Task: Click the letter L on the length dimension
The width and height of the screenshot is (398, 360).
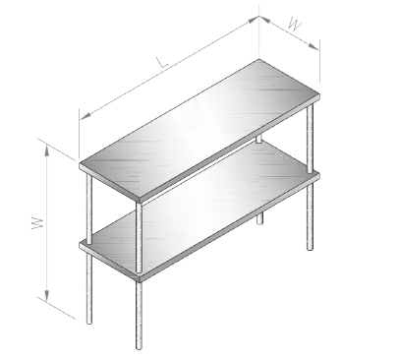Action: click(x=162, y=62)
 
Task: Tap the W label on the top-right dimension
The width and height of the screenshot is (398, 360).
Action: click(x=295, y=24)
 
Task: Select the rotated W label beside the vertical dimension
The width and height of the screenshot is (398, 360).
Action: click(x=38, y=223)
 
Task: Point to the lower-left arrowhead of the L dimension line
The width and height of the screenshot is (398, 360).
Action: click(x=85, y=116)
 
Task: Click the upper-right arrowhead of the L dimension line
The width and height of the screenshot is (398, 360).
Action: click(x=254, y=20)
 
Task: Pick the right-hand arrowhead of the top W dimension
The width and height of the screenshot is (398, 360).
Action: click(x=313, y=46)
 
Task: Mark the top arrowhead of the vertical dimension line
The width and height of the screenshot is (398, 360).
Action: click(x=47, y=150)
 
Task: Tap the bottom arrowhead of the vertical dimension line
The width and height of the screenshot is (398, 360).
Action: click(x=47, y=296)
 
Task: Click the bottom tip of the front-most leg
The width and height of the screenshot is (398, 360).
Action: click(x=139, y=348)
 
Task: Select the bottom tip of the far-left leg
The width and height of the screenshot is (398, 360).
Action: click(x=89, y=323)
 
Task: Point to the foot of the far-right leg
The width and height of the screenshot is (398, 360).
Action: click(x=310, y=249)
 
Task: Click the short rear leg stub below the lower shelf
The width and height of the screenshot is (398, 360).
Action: click(x=259, y=218)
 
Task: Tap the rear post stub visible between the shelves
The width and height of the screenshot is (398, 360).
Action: click(x=258, y=140)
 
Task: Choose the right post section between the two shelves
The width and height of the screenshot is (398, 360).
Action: click(x=310, y=139)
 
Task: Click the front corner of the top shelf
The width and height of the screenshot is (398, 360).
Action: click(x=140, y=200)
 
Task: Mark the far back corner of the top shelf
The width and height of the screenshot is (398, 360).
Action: click(x=258, y=59)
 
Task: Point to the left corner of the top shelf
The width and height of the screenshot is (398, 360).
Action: click(x=80, y=164)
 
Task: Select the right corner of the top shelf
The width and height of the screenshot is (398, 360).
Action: click(x=319, y=95)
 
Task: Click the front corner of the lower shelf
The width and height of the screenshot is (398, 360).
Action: click(x=140, y=278)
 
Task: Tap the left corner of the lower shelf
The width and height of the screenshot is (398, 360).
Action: click(x=80, y=244)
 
